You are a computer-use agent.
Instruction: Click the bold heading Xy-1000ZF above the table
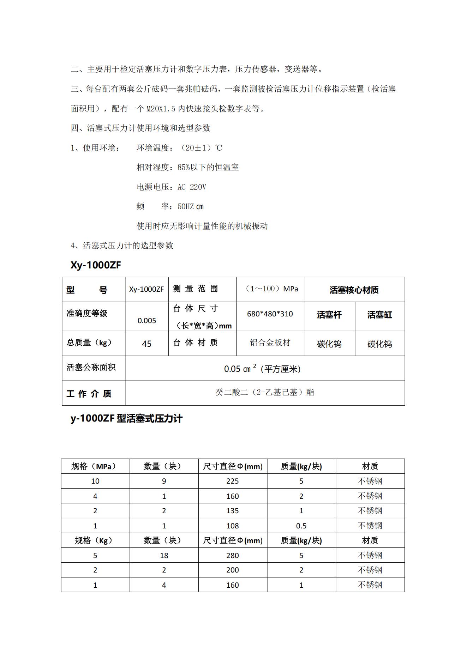tap(96, 265)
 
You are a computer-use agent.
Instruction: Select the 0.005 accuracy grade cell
tap(147, 320)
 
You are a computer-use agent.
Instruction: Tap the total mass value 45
tap(146, 344)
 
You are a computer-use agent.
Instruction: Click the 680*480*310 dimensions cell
tap(270, 314)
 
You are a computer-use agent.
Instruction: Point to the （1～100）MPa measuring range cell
tap(271, 289)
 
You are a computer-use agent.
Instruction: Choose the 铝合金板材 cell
tap(270, 343)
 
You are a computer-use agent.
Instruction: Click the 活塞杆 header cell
tap(329, 315)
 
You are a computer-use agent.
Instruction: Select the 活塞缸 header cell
tap(380, 315)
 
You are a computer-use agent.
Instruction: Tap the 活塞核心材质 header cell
tap(354, 290)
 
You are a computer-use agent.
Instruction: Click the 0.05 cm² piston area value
tap(262, 369)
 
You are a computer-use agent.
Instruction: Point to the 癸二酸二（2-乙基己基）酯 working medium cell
tap(265, 392)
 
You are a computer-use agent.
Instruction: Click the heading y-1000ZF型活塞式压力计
tap(126, 419)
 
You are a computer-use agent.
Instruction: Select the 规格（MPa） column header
tap(95, 466)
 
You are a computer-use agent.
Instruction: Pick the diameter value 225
tap(233, 481)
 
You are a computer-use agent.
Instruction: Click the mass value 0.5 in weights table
tap(301, 526)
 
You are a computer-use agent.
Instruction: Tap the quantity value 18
tap(164, 556)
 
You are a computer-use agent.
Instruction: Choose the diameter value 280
tap(233, 556)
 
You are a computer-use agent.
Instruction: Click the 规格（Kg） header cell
tap(95, 541)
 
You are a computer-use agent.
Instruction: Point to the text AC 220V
tap(192, 187)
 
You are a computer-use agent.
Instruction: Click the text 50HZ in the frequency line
tap(186, 207)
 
